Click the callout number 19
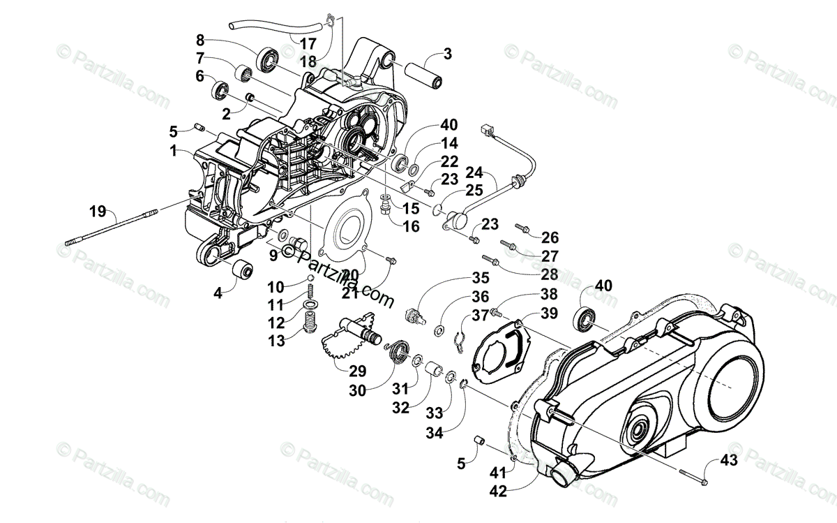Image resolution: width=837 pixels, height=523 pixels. point(98,209)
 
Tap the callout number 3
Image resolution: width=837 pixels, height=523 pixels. point(448,53)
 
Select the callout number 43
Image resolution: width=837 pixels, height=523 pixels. point(728,460)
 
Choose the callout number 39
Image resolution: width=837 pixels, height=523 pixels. point(548,314)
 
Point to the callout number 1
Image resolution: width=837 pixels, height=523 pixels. point(172,149)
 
